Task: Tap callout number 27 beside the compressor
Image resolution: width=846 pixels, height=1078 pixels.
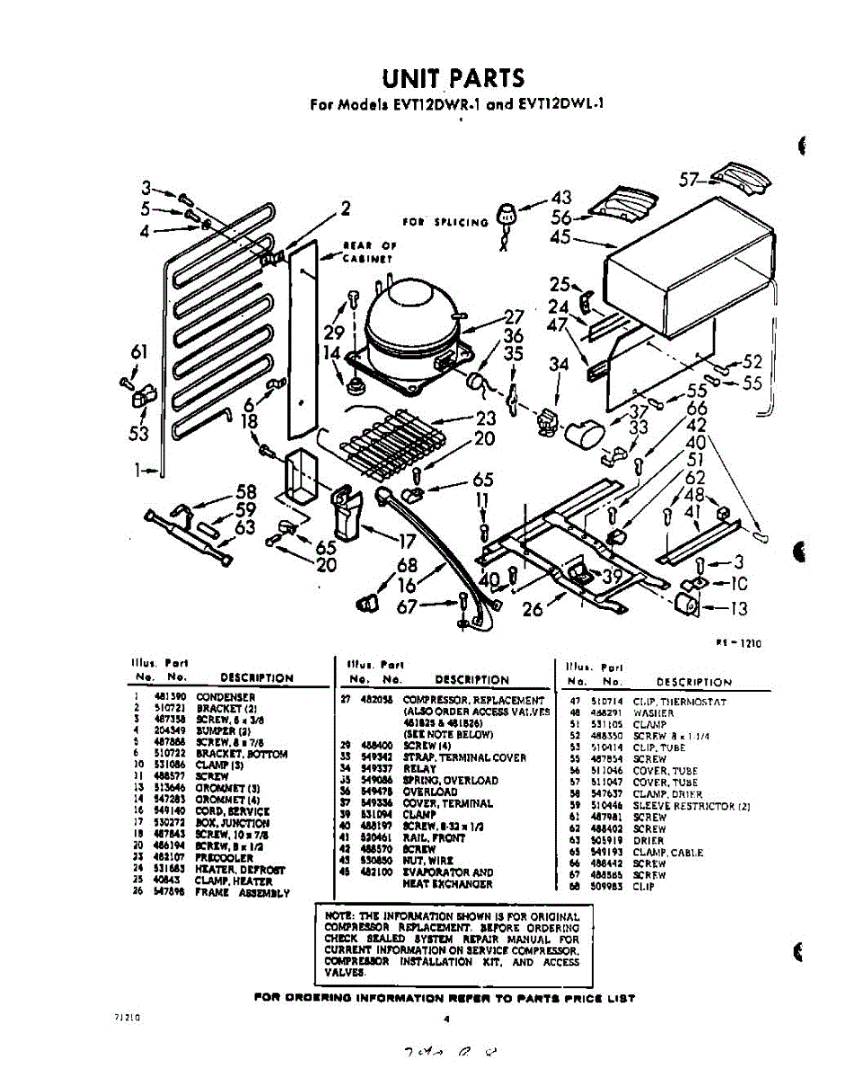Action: pyautogui.click(x=513, y=316)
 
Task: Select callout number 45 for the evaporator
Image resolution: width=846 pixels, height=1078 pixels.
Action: pyautogui.click(x=560, y=237)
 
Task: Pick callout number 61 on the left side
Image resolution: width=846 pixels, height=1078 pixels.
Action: pyautogui.click(x=138, y=353)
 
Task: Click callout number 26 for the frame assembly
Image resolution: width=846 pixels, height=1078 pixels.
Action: pyautogui.click(x=533, y=610)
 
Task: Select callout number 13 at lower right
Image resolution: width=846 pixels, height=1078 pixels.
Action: pyautogui.click(x=736, y=609)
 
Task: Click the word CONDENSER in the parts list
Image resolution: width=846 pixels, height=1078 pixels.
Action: pyautogui.click(x=225, y=697)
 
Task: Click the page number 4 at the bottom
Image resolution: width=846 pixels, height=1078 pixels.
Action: pyautogui.click(x=445, y=1019)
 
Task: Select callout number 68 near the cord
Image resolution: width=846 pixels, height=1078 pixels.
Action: pyautogui.click(x=407, y=565)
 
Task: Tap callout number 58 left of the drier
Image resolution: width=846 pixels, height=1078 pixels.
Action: pyautogui.click(x=246, y=490)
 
